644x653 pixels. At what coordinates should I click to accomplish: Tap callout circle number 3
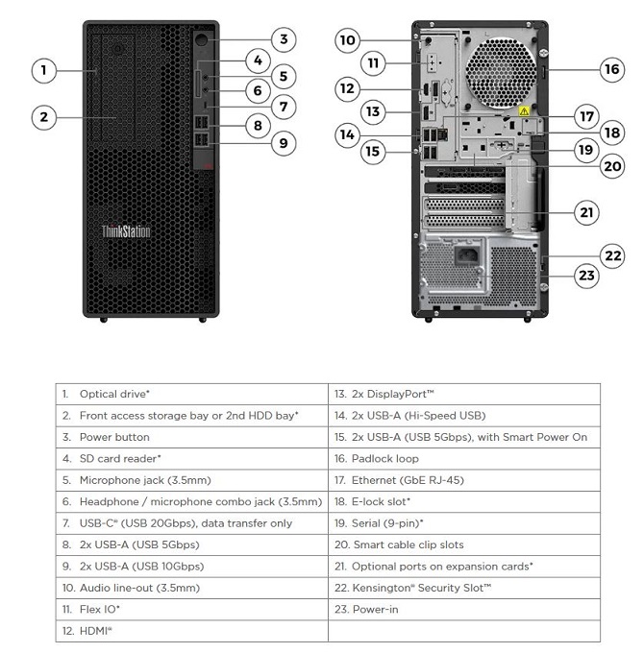282,39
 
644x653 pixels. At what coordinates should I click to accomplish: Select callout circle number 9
282,144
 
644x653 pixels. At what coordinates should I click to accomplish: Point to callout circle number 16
612,68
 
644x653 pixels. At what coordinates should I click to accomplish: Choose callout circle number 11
375,63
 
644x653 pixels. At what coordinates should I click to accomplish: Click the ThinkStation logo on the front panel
126,230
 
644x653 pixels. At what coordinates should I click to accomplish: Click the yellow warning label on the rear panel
523,112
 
